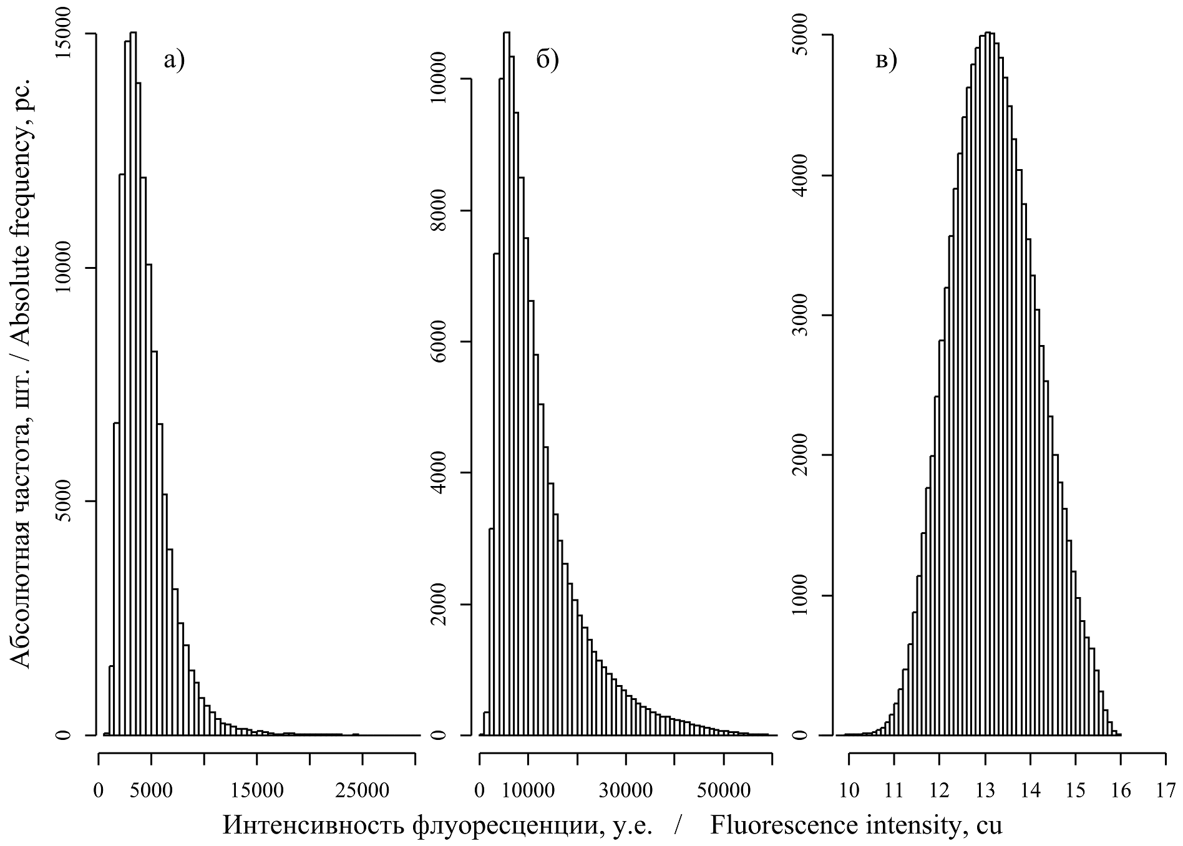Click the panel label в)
(886, 61)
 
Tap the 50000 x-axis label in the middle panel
(723, 790)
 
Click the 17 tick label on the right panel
(1165, 790)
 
